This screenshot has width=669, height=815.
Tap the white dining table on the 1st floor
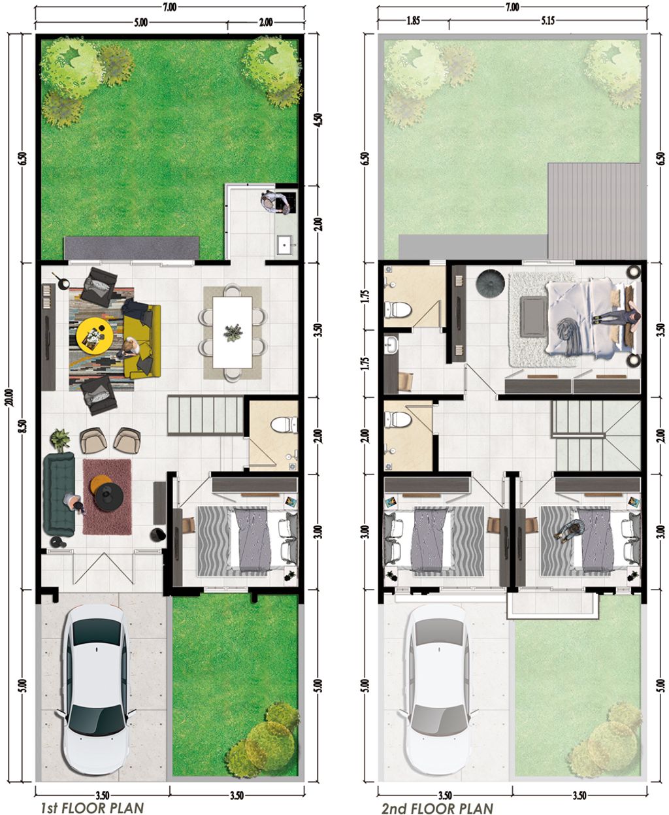coord(232,332)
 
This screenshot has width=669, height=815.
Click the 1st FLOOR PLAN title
coord(92,797)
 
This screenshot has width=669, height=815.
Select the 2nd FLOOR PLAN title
coord(437,797)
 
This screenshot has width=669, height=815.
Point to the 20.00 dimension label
coord(10,397)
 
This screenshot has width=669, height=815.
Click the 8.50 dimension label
coord(24,427)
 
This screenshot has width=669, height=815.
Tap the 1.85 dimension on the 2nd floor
coord(413,20)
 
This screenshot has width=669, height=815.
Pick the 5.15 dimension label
coord(547,20)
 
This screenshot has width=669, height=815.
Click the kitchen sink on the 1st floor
coord(286,244)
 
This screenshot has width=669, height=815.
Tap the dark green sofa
coord(59,495)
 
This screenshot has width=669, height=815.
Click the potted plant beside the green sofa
coord(60,440)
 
